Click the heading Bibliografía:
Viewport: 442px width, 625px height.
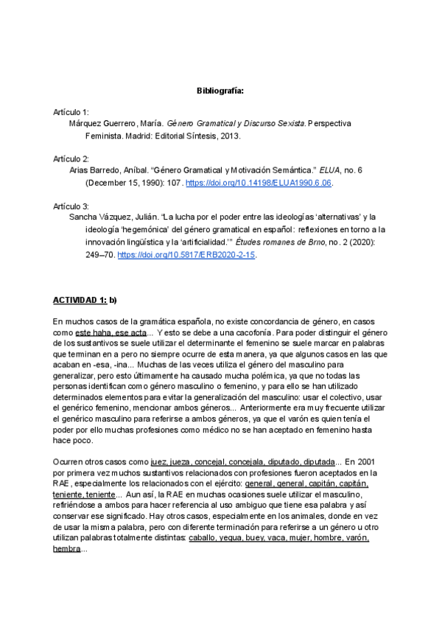coord(220,90)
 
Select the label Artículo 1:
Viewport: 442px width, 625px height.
coord(71,111)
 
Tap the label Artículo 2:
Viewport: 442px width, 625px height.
coord(71,158)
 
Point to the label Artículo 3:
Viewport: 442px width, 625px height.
coord(71,206)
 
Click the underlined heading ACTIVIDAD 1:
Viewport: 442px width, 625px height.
coord(80,301)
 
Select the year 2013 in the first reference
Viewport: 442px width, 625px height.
coord(230,136)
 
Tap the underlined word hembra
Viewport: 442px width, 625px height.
coord(66,550)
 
